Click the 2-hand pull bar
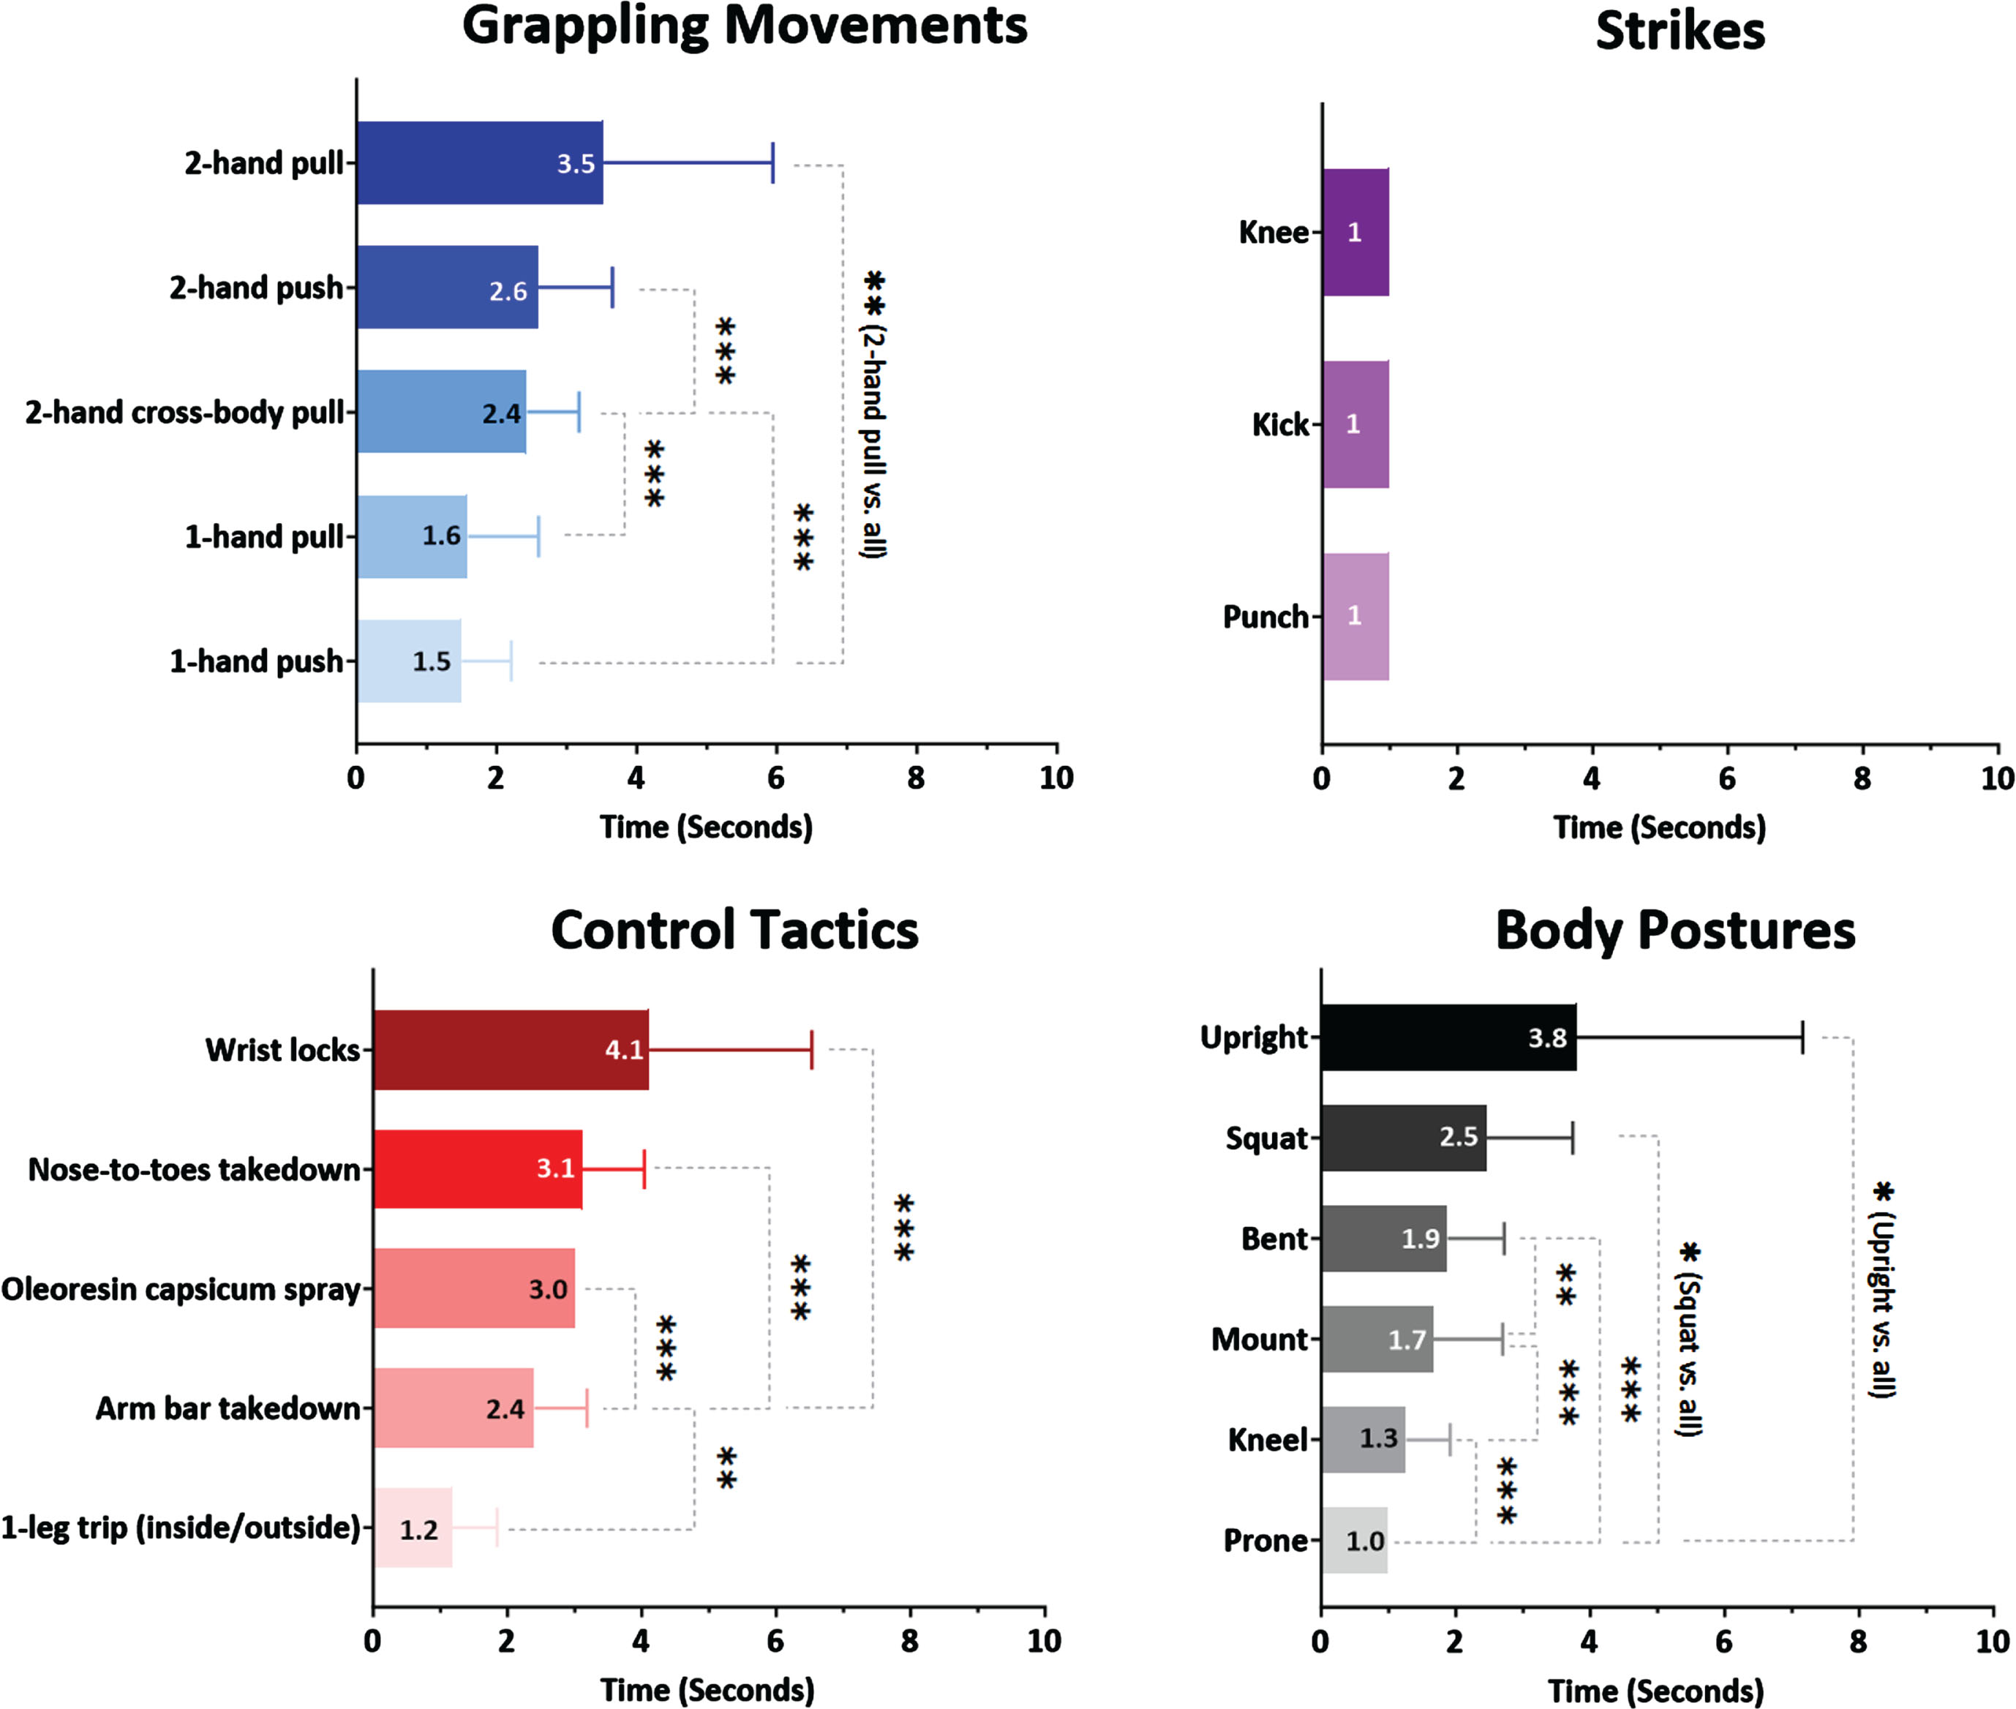[480, 162]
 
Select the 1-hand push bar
[409, 661]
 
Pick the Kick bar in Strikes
[1355, 424]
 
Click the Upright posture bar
[1448, 1037]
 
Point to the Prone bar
[1354, 1541]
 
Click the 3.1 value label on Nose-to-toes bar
[556, 1168]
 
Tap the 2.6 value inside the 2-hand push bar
[508, 290]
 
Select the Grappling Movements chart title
[744, 27]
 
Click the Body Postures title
[1675, 931]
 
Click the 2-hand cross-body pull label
[184, 413]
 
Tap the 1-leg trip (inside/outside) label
[180, 1528]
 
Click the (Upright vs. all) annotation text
[1881, 1306]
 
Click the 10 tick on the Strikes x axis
[1998, 778]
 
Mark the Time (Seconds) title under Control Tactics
[707, 1691]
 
